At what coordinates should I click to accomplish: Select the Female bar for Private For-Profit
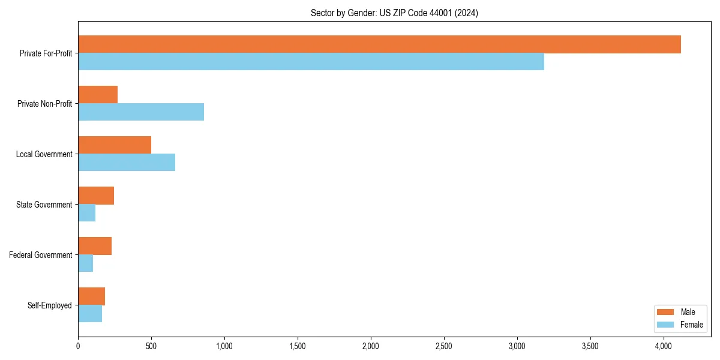[x=311, y=62]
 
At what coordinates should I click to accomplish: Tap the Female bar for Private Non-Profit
[x=141, y=112]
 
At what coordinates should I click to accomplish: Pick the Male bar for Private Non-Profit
[x=98, y=95]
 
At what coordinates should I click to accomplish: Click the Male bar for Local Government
[x=115, y=145]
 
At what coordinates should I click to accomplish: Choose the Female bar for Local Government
[x=127, y=163]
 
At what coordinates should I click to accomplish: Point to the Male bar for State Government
[x=96, y=196]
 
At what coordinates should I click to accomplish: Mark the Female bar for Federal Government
[x=85, y=263]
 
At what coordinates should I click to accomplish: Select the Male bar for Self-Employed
[x=91, y=296]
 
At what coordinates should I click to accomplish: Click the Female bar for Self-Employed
[x=90, y=314]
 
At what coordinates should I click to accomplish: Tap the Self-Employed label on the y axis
[x=49, y=305]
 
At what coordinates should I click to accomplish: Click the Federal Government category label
[x=40, y=255]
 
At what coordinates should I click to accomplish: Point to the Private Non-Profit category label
[x=44, y=104]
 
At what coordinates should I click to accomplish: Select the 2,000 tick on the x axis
[x=371, y=346]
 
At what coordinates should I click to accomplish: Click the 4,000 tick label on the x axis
[x=664, y=346]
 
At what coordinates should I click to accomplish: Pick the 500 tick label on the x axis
[x=151, y=346]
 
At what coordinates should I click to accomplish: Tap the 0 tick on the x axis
[x=78, y=346]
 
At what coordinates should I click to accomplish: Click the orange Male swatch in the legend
[x=666, y=312]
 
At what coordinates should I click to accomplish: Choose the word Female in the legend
[x=692, y=325]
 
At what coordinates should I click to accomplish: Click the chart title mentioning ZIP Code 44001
[x=394, y=13]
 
